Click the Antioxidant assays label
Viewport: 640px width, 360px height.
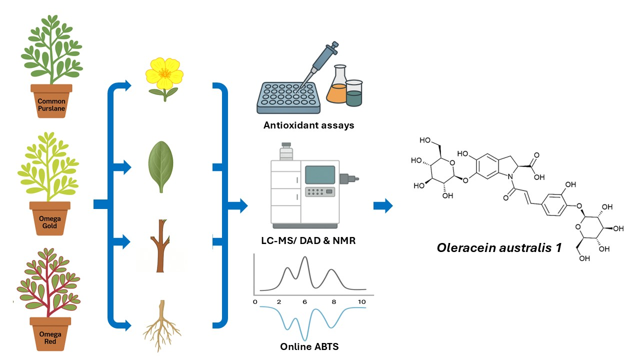coord(308,125)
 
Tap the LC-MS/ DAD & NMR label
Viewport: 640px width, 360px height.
coord(308,241)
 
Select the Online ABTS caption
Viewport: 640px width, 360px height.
coord(309,346)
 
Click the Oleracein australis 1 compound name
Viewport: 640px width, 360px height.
coord(499,248)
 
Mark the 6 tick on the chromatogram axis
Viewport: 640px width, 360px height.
coord(304,302)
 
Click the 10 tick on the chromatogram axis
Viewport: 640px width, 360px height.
coord(362,302)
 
